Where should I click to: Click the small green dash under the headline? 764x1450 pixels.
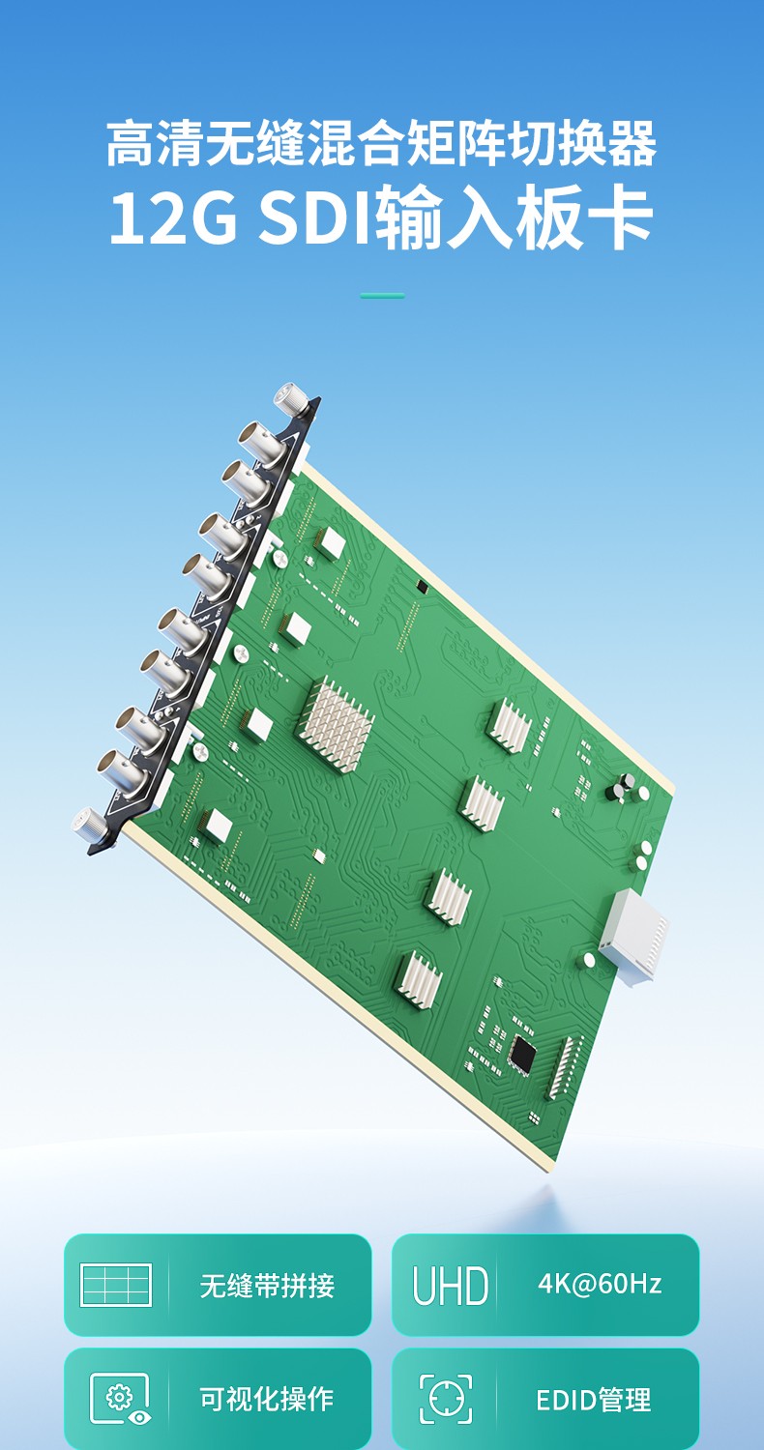pos(382,296)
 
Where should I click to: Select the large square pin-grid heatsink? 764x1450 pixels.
pos(336,724)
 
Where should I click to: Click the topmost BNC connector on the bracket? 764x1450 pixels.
pos(260,444)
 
